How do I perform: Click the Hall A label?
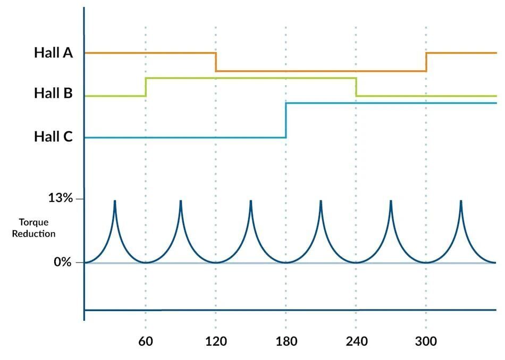pyautogui.click(x=54, y=53)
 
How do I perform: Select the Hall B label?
pyautogui.click(x=54, y=93)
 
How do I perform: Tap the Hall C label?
pyautogui.click(x=54, y=137)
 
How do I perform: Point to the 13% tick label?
pyautogui.click(x=61, y=198)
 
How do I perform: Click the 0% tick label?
pyautogui.click(x=63, y=262)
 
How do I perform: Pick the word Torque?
pyautogui.click(x=34, y=223)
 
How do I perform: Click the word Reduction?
pyautogui.click(x=34, y=233)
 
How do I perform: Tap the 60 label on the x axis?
pyautogui.click(x=146, y=341)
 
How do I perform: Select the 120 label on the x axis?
pyautogui.click(x=216, y=341)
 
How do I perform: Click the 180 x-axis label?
pyautogui.click(x=287, y=341)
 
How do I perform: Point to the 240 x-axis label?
pyautogui.click(x=357, y=341)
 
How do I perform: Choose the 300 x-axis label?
pyautogui.click(x=426, y=341)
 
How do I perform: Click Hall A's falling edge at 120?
pyautogui.click(x=216, y=62)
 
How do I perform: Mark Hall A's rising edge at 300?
pyautogui.click(x=426, y=62)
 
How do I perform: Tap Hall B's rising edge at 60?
pyautogui.click(x=146, y=87)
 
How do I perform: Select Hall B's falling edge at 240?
pyautogui.click(x=356, y=87)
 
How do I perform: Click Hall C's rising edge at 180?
pyautogui.click(x=286, y=120)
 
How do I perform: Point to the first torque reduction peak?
pyautogui.click(x=115, y=201)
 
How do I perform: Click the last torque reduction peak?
pyautogui.click(x=461, y=201)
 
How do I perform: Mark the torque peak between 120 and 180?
pyautogui.click(x=250, y=201)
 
